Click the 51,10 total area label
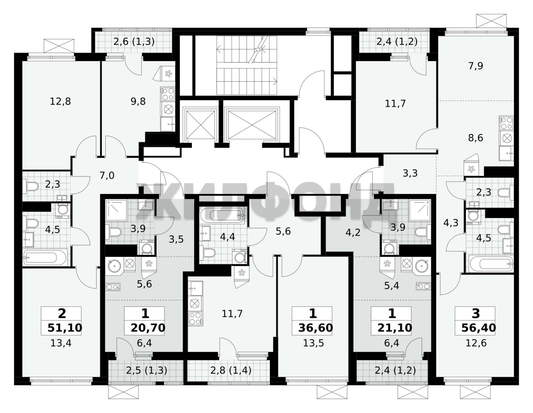pos(65,328)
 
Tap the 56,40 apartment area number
pos(478,328)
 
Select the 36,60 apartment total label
pos(316,328)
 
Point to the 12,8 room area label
pos(60,101)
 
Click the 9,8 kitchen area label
pos(138,101)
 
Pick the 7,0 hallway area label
pos(107,176)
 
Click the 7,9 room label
pos(476,66)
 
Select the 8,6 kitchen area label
pos(476,138)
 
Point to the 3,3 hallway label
pos(410,174)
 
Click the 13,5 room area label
pos(314,343)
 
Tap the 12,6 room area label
pos(476,343)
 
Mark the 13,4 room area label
pos(61,343)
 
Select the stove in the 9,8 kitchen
pos(168,94)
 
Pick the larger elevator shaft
pos(252,124)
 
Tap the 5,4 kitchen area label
pos(391,286)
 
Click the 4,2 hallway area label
pos(353,232)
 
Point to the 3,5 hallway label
pos(176,239)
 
